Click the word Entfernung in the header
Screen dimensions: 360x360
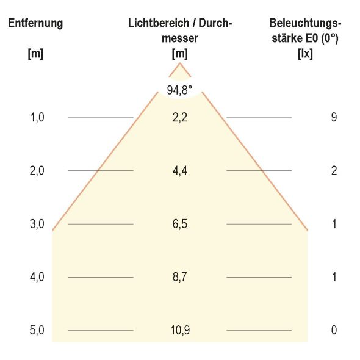35,24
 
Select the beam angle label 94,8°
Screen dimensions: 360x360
179,90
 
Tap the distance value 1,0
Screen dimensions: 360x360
37,117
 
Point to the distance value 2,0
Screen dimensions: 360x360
37,171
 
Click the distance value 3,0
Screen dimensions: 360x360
37,224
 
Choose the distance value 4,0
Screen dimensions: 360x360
37,277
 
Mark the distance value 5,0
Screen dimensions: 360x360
37,331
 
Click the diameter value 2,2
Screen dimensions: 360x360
179,117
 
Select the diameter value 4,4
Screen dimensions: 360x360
179,171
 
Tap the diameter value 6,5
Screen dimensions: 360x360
179,224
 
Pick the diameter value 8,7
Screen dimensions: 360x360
179,277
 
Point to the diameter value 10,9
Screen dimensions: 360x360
179,331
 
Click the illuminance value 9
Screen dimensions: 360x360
334,117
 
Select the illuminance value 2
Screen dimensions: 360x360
334,171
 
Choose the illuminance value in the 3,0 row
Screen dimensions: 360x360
334,224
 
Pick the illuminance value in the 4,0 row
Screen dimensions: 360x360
334,277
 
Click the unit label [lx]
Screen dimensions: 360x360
304,53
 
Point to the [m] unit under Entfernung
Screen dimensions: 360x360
35,53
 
